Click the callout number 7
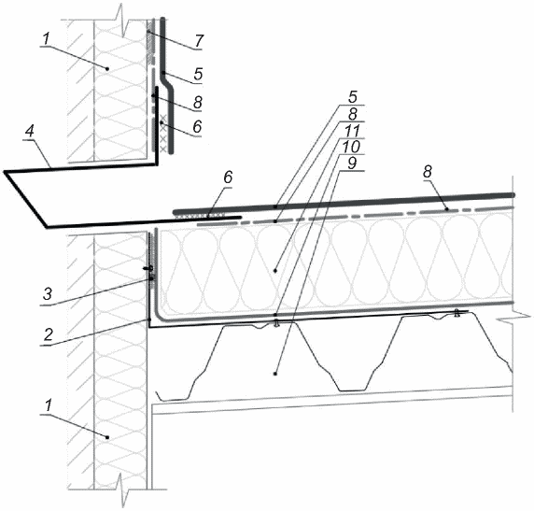click(198, 41)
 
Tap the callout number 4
click(30, 132)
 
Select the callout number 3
click(48, 294)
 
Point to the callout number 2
click(48, 334)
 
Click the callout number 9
click(351, 163)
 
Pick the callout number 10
click(351, 147)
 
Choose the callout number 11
click(351, 131)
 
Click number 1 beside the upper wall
click(46, 39)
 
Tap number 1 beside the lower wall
click(48, 405)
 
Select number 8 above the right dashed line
click(427, 172)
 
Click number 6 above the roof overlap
click(228, 177)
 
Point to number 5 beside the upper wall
click(198, 73)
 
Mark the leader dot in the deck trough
click(275, 374)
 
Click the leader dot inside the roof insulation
click(275, 271)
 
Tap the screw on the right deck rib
click(457, 312)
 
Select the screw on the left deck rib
click(276, 322)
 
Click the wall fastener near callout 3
click(148, 269)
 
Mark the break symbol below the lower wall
click(123, 490)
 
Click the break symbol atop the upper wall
click(123, 21)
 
